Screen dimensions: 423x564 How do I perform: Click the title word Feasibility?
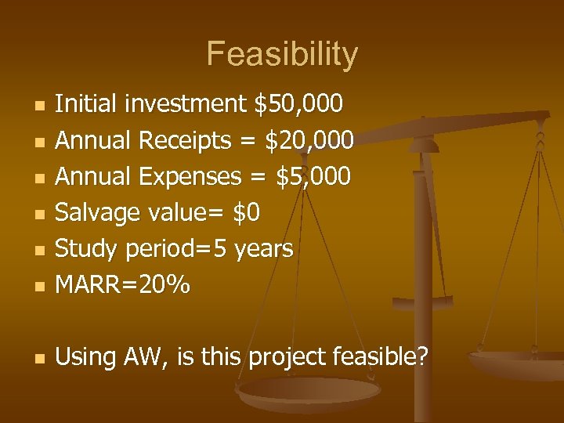click(x=282, y=55)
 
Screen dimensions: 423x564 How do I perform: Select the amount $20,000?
click(x=309, y=140)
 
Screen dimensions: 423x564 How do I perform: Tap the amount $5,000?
click(x=314, y=177)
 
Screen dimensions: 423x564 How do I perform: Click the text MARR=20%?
click(x=123, y=285)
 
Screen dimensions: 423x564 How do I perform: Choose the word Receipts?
click(x=185, y=141)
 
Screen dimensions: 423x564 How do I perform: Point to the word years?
click(x=263, y=250)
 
